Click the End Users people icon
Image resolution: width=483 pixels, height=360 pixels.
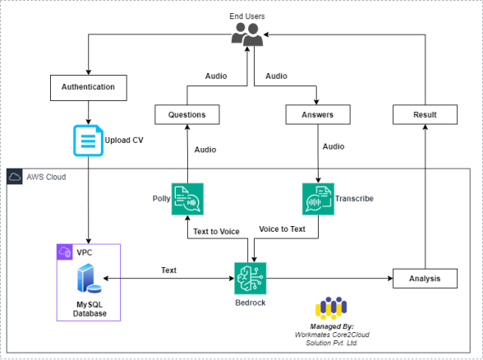pos(247,35)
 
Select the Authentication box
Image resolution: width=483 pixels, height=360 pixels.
pos(89,87)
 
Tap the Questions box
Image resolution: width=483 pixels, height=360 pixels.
pos(187,115)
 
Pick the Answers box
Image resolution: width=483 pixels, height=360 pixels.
pos(318,115)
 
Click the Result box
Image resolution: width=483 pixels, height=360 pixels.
pos(425,115)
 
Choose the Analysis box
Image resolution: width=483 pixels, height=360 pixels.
pos(425,279)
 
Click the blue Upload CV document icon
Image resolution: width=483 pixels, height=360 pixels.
pos(88,141)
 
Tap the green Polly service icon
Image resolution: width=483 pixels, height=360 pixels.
pos(187,199)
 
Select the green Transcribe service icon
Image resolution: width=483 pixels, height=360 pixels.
pos(318,199)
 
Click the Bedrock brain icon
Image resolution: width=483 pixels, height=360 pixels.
pos(250,279)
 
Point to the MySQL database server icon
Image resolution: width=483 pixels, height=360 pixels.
pos(89,278)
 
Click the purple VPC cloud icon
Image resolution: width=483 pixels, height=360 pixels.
pos(65,252)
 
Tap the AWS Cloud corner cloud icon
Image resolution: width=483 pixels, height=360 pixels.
pos(15,177)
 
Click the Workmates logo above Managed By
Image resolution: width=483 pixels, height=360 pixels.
pos(331,308)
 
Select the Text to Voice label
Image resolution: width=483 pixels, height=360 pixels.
pos(216,232)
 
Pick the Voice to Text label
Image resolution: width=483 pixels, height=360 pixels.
pos(283,229)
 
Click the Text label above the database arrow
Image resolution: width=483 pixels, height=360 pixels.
pos(169,270)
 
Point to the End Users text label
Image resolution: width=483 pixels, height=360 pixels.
pos(247,16)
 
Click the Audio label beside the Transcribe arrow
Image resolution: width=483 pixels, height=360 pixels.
pos(333,146)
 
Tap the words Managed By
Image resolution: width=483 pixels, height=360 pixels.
pos(332,326)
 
